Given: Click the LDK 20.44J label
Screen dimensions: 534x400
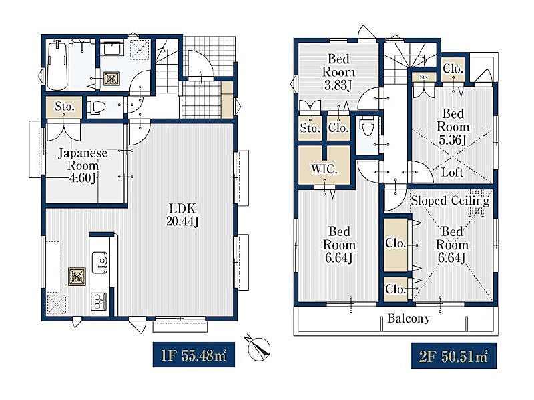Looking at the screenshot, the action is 182,215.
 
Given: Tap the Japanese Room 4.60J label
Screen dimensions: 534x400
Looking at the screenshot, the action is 83,165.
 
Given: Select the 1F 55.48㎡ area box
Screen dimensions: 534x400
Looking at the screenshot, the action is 194,355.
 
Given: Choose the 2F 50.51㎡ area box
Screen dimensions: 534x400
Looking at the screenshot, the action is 454,356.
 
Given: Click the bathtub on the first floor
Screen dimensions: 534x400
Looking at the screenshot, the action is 57,65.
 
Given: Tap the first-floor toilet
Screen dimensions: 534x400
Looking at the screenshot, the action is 97,108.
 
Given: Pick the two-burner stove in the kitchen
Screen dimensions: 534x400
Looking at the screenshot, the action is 99,301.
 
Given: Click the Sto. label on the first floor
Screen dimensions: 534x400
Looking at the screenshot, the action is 64,107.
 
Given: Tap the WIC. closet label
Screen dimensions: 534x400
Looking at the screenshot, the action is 324,169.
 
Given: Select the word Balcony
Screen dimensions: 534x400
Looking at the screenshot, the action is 409,319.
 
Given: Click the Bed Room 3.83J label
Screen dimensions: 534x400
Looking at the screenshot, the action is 338,72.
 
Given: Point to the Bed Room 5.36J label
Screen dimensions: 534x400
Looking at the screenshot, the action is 453,127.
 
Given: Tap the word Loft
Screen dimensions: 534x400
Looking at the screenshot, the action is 452,172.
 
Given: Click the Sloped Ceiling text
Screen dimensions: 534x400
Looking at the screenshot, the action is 450,201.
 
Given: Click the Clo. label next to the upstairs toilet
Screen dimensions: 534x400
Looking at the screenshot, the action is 338,128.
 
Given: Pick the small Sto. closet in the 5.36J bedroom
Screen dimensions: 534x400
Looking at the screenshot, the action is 424,77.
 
